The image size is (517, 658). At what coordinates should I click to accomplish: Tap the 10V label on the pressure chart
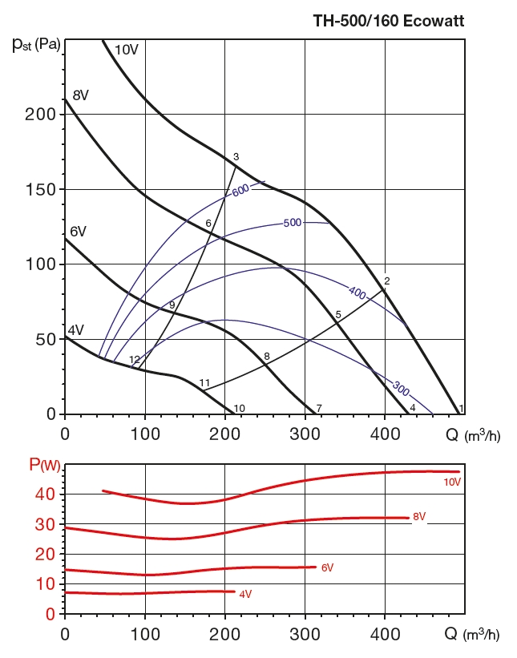point(127,50)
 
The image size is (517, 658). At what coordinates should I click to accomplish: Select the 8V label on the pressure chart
point(80,95)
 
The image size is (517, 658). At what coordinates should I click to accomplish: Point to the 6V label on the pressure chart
point(78,232)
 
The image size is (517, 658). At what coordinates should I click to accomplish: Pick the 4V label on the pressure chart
point(75,330)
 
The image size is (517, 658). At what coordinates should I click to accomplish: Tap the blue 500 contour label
point(292,222)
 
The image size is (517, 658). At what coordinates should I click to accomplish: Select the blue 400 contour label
point(356,292)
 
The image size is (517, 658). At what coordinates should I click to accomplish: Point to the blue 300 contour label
point(401,389)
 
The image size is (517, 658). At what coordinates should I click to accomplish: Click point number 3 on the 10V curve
point(236,157)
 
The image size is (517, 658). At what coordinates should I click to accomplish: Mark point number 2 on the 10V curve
point(386,281)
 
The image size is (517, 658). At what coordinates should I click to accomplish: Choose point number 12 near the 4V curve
point(135,360)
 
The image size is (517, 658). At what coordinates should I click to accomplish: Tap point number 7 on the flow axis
point(319,409)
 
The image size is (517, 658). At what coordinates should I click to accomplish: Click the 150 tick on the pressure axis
point(44,189)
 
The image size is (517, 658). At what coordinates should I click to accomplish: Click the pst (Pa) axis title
point(36,43)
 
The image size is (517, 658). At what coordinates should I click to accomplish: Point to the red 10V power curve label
point(452,482)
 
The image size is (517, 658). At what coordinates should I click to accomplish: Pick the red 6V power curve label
point(327,567)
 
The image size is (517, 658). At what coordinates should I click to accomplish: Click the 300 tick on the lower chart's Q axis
point(305,633)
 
